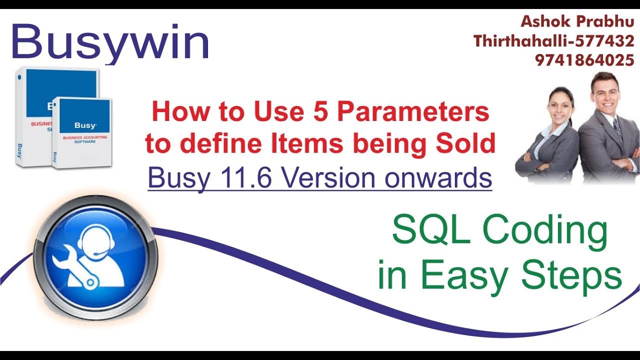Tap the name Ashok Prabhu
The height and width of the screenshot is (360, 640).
point(577,21)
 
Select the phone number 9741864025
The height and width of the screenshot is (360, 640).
point(584,60)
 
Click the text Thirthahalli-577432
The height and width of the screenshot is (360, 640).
point(554,41)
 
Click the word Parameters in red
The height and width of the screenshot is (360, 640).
point(413,112)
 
